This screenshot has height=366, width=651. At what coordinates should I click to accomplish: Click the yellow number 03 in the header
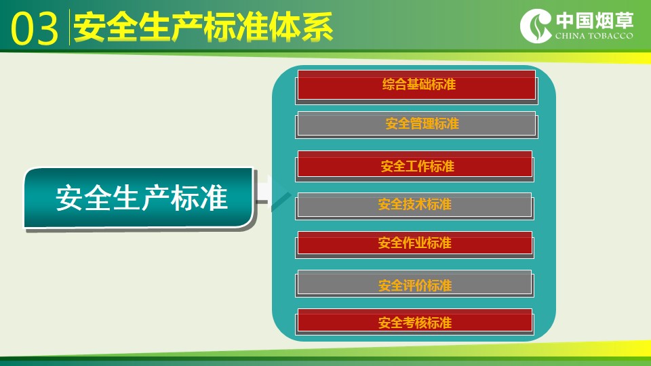tap(34, 28)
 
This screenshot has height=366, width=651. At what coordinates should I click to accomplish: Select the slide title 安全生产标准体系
tap(203, 27)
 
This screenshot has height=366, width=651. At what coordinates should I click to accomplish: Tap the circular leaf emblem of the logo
tap(536, 26)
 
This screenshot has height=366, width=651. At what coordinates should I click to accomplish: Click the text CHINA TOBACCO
tap(594, 36)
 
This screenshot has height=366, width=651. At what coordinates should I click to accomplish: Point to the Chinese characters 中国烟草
tap(595, 20)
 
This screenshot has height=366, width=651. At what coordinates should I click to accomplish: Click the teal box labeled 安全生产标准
tap(138, 197)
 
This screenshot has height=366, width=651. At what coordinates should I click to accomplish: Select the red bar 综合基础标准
tap(416, 85)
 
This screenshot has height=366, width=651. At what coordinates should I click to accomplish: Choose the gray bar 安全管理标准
tap(416, 123)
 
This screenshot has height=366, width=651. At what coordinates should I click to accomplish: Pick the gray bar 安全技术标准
tap(414, 205)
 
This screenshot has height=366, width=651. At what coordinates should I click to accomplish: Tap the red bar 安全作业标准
tap(415, 243)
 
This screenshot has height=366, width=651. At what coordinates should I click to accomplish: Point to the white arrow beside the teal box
tap(265, 190)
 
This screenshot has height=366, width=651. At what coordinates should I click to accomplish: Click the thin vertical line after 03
tap(69, 27)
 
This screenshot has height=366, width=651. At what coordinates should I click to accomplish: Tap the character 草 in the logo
tap(625, 20)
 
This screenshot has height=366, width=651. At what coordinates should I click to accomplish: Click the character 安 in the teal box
tap(69, 199)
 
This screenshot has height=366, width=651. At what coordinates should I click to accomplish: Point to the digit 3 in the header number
tap(47, 28)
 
